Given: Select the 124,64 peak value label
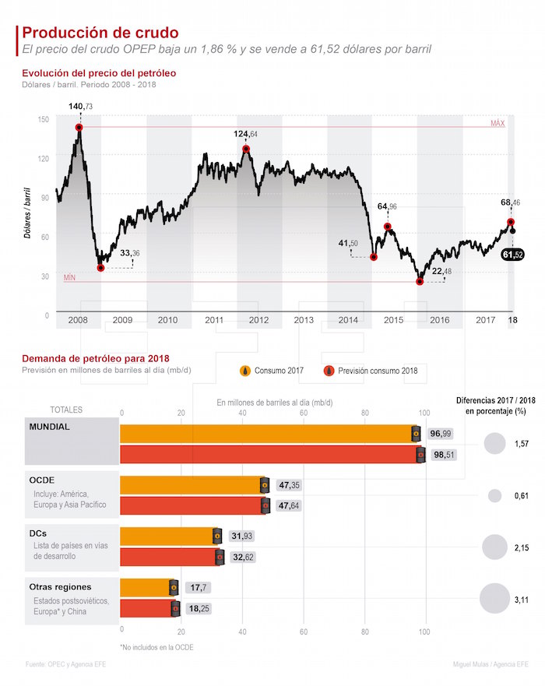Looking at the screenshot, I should [x=246, y=135].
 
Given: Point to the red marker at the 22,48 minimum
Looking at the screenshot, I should [x=420, y=281].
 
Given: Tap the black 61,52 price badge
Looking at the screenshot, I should [x=513, y=255].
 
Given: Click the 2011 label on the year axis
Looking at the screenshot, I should [x=214, y=320].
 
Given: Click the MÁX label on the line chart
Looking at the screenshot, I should [x=498, y=124].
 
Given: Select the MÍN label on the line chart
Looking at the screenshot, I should [x=69, y=277].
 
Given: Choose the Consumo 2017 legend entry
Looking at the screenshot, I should [x=272, y=371].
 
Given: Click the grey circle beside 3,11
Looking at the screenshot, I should [x=494, y=600].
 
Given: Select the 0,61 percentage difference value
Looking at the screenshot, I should [x=522, y=496].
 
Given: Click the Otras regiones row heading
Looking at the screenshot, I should [x=60, y=586].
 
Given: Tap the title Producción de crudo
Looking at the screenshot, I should [x=100, y=33].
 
